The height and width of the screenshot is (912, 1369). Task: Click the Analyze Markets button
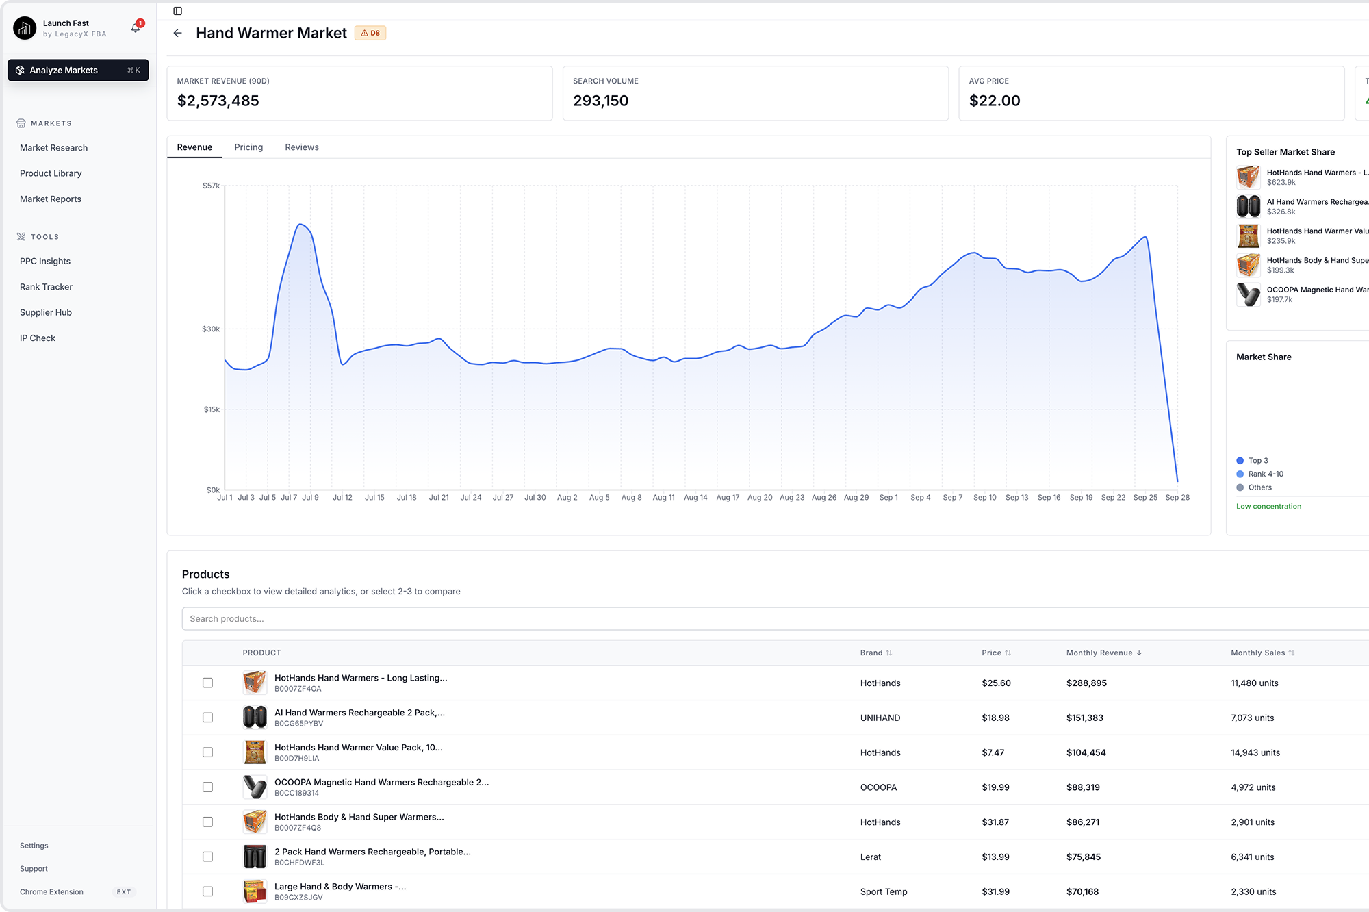point(77,71)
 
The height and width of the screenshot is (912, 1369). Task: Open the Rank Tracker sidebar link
point(46,287)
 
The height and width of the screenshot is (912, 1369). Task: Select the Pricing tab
point(248,147)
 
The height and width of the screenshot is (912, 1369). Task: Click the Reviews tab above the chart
point(302,147)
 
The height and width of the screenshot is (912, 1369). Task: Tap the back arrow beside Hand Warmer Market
point(178,33)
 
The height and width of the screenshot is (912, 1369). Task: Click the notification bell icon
point(136,28)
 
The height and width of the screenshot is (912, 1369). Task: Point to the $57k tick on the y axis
point(211,186)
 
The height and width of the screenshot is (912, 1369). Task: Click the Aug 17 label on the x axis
point(728,498)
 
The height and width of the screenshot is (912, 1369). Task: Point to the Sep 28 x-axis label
point(1177,498)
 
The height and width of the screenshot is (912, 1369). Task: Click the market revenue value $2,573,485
point(218,101)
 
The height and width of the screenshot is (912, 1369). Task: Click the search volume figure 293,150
point(600,101)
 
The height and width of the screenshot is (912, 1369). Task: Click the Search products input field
point(753,619)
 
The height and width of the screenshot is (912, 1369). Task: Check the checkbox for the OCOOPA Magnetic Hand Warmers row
point(207,787)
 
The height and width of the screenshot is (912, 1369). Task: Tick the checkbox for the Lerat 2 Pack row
point(207,857)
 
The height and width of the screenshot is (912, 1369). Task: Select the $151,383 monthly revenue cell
point(1084,718)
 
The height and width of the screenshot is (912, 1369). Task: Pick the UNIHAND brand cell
point(880,718)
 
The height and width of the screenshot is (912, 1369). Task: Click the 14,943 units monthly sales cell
point(1255,752)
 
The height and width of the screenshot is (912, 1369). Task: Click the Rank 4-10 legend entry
point(1265,474)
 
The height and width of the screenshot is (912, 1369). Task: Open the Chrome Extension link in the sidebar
point(51,892)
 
